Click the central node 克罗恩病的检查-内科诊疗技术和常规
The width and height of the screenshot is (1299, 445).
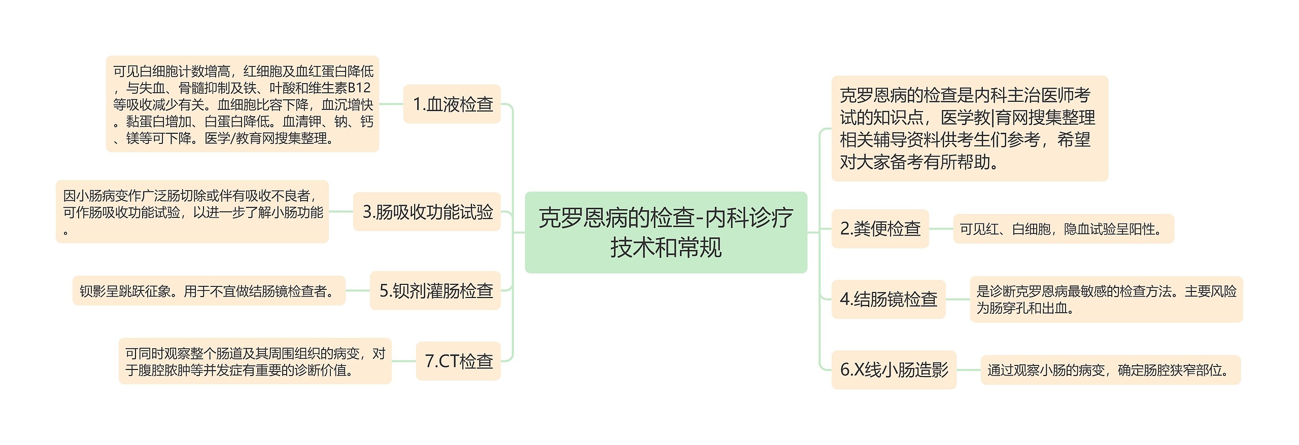(x=666, y=232)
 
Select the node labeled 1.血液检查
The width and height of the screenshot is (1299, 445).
(x=452, y=104)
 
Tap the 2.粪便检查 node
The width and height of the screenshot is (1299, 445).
(x=880, y=229)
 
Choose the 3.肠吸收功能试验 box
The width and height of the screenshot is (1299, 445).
(x=427, y=212)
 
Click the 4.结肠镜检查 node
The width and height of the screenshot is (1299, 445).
(x=888, y=299)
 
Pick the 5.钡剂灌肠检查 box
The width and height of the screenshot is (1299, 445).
(x=435, y=290)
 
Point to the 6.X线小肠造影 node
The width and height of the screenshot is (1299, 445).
(x=894, y=369)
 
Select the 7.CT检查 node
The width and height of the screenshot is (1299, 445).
(x=458, y=361)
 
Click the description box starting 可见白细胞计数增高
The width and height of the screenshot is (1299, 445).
(x=243, y=104)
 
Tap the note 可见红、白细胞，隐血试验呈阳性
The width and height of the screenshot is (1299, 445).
(x=1063, y=229)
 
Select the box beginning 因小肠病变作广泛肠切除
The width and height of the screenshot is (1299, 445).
(x=192, y=212)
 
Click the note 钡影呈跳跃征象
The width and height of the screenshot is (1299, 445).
(x=209, y=290)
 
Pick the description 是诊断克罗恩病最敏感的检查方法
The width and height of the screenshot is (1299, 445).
(x=1106, y=299)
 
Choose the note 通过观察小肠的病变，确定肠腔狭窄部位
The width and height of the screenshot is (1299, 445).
(x=1110, y=369)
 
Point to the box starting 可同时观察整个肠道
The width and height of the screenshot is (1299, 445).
(x=255, y=361)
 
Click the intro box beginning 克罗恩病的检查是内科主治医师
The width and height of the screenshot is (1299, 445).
(x=969, y=128)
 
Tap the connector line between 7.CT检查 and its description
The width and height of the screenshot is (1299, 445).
(x=404, y=361)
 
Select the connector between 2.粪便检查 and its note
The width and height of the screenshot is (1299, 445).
(x=941, y=229)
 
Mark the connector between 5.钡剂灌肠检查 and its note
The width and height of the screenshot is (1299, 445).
(x=358, y=290)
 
